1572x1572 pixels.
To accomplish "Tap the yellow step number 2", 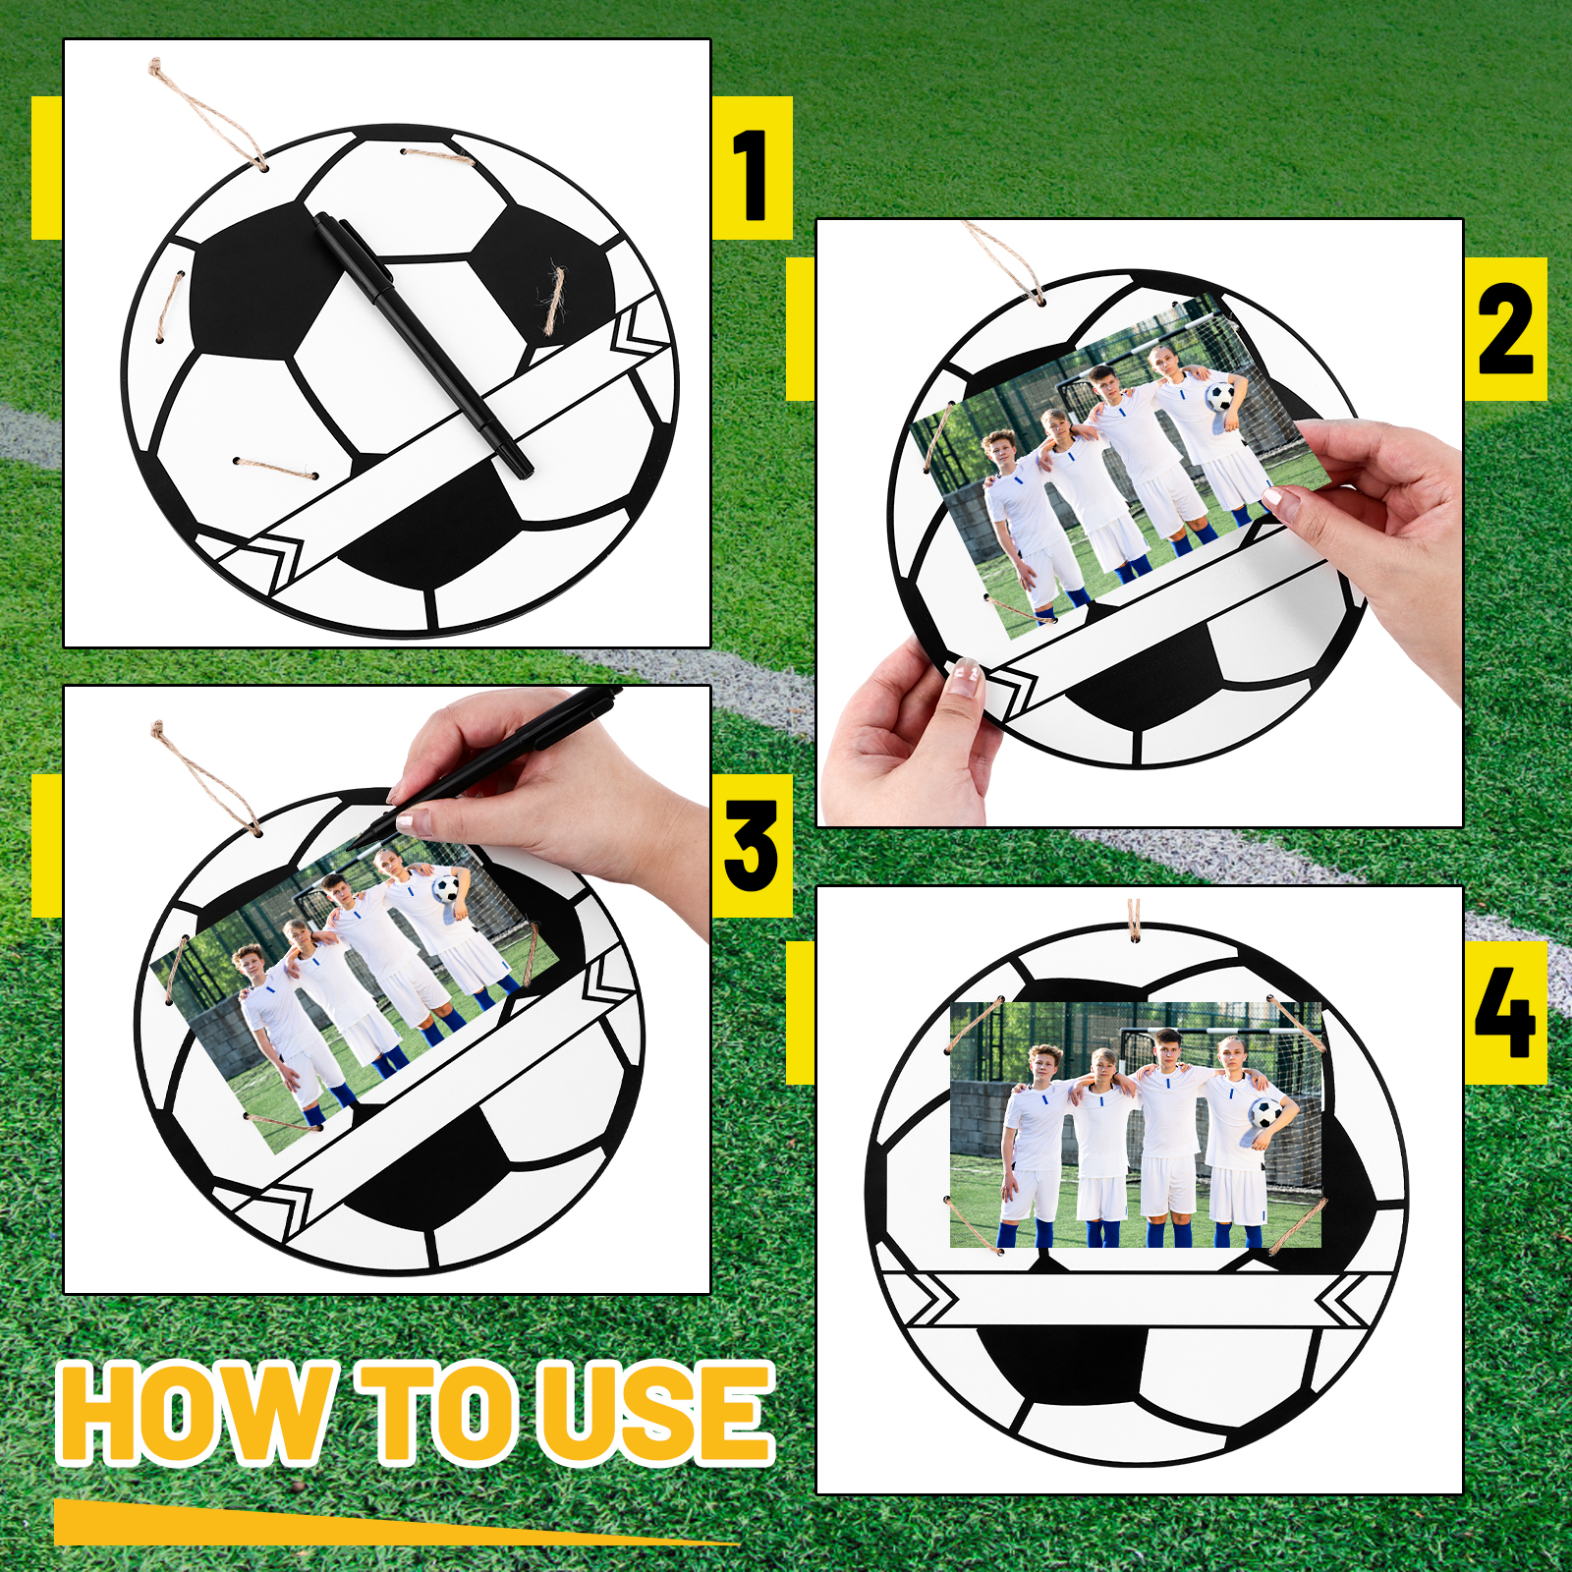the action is (1504, 328).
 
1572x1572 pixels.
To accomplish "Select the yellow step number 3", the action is (752, 845).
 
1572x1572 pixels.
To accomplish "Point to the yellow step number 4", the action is (1504, 1012).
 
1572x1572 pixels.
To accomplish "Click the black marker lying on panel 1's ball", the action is (422, 344).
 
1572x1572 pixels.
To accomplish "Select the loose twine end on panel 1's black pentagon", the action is (555, 299).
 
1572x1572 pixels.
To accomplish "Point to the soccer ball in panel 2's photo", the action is (1219, 396).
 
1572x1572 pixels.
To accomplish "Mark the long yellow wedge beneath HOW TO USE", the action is (393, 1523).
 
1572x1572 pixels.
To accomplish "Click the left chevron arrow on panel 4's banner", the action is (933, 1300).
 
